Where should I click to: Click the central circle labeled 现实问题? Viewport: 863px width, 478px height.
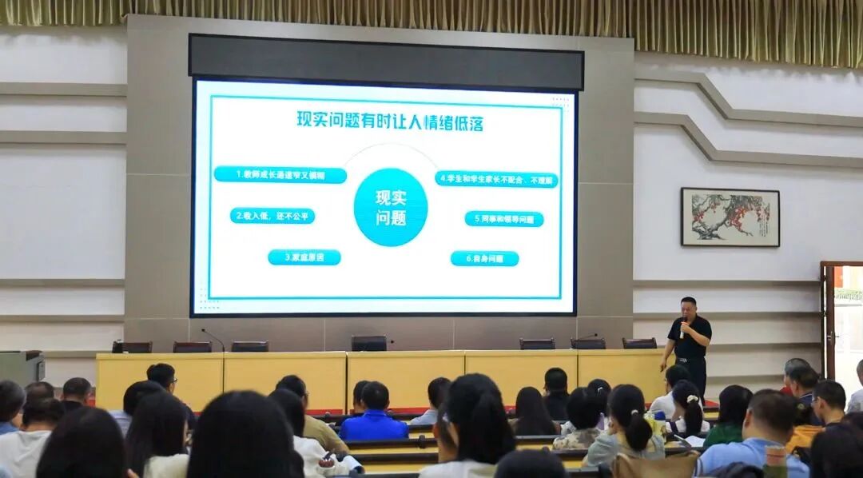point(391,207)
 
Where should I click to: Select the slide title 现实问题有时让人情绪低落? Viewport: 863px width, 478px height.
point(390,121)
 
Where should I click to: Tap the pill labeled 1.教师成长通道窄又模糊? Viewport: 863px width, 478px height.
point(280,174)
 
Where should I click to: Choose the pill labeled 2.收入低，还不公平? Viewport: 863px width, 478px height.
point(272,216)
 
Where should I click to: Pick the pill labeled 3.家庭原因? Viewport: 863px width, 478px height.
point(304,257)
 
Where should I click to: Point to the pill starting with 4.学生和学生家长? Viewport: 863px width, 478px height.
point(496,179)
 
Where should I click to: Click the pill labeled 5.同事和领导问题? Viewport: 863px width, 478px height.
point(503,218)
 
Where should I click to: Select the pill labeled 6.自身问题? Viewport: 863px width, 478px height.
point(484,258)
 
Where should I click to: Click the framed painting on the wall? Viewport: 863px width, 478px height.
point(730,217)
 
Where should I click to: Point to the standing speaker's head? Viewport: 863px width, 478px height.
point(688,307)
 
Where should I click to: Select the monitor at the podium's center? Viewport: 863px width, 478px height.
point(368,343)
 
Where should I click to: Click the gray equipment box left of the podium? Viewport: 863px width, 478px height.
point(21,368)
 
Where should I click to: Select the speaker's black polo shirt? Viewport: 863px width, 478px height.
point(690,340)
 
